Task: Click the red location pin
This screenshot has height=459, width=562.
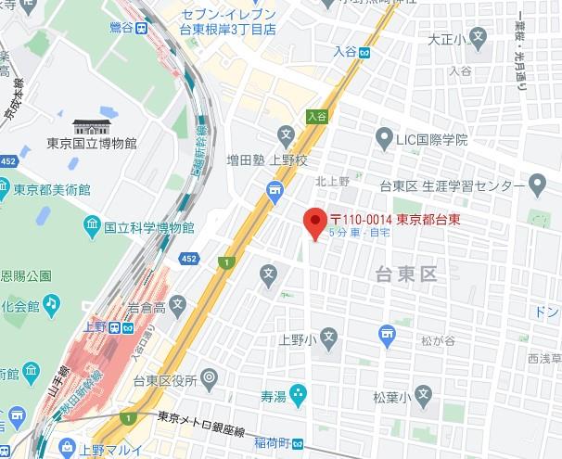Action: [314, 223]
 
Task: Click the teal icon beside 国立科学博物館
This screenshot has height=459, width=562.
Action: [91, 225]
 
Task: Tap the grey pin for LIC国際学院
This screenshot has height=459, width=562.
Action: [383, 139]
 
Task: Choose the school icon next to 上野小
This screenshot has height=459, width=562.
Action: [330, 338]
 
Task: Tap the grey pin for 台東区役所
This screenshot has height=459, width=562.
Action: [210, 378]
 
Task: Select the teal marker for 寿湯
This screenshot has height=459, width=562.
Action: [298, 396]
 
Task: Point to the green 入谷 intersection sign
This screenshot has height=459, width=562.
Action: [317, 115]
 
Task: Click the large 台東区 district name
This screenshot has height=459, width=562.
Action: [405, 274]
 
